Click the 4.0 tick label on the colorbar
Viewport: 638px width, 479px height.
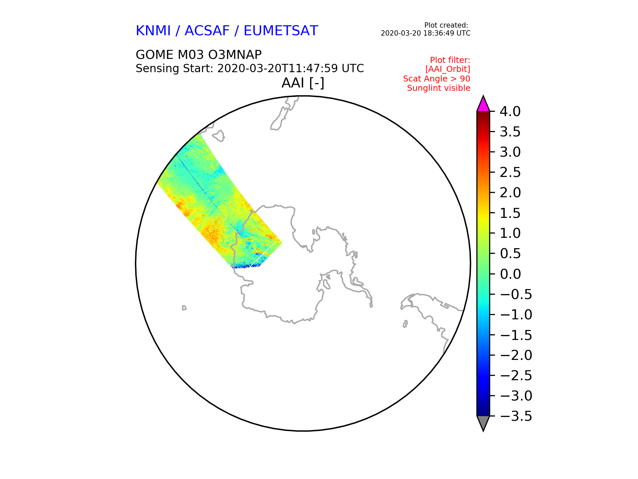coord(510,111)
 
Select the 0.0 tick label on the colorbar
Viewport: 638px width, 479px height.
coord(510,274)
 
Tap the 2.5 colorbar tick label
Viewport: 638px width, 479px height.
coord(510,172)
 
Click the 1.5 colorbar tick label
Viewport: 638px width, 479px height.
coord(510,213)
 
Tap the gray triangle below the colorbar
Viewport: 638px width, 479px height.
coord(483,423)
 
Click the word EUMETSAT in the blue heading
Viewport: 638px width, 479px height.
coord(281,31)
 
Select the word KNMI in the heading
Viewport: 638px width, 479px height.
coord(153,31)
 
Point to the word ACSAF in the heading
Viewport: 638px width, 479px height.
coord(207,31)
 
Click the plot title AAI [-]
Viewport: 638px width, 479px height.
coord(303,83)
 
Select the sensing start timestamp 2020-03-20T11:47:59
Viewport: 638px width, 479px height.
coord(277,69)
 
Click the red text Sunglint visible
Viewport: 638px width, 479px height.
coord(439,88)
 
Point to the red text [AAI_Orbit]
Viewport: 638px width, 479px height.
coord(448,69)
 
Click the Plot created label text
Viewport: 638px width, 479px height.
coord(446,25)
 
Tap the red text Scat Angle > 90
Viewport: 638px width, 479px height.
coord(437,79)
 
